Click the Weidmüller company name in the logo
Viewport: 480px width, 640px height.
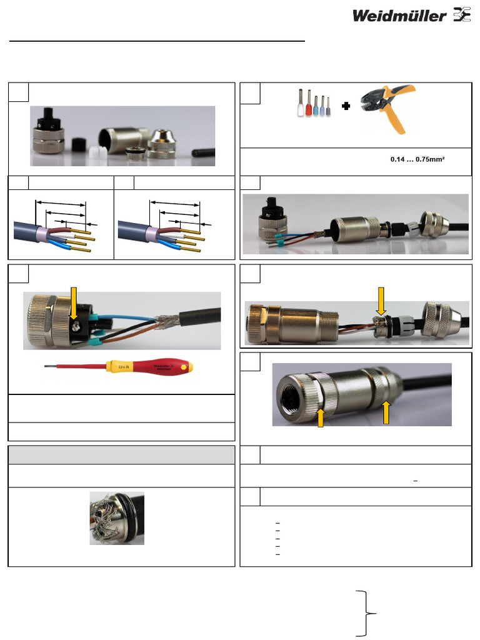click(x=399, y=16)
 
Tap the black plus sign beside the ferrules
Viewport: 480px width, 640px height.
click(x=346, y=107)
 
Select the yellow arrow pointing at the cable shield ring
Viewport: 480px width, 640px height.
click(x=381, y=301)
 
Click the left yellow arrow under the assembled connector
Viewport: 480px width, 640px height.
click(x=320, y=416)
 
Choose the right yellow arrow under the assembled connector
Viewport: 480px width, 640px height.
click(x=386, y=412)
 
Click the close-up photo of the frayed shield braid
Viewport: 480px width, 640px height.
click(x=117, y=518)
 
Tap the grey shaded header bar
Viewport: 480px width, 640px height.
click(x=121, y=454)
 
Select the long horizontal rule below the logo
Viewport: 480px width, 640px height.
click(x=157, y=41)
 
